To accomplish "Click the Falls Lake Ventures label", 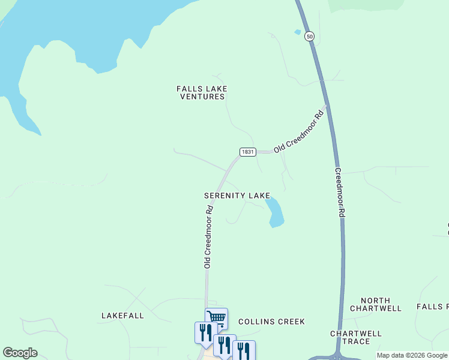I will click(x=202, y=92).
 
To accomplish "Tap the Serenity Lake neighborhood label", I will click(x=237, y=196).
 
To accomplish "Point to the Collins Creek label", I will click(x=271, y=322).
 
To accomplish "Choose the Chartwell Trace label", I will click(x=356, y=337).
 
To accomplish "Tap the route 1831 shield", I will click(x=248, y=152).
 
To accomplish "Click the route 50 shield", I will click(x=309, y=37).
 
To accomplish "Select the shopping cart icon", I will click(x=216, y=317).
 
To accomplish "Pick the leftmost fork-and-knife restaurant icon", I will click(x=205, y=331).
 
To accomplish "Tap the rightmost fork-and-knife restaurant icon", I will click(x=244, y=350).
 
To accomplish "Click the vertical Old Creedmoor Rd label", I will click(x=208, y=237).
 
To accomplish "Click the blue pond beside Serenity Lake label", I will click(x=275, y=212).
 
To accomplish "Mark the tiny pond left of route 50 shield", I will click(x=297, y=32).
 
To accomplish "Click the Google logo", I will click(x=20, y=353).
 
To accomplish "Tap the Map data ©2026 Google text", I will click(x=412, y=356).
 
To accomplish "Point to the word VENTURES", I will click(x=202, y=97).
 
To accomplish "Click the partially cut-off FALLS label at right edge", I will click(x=433, y=307).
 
